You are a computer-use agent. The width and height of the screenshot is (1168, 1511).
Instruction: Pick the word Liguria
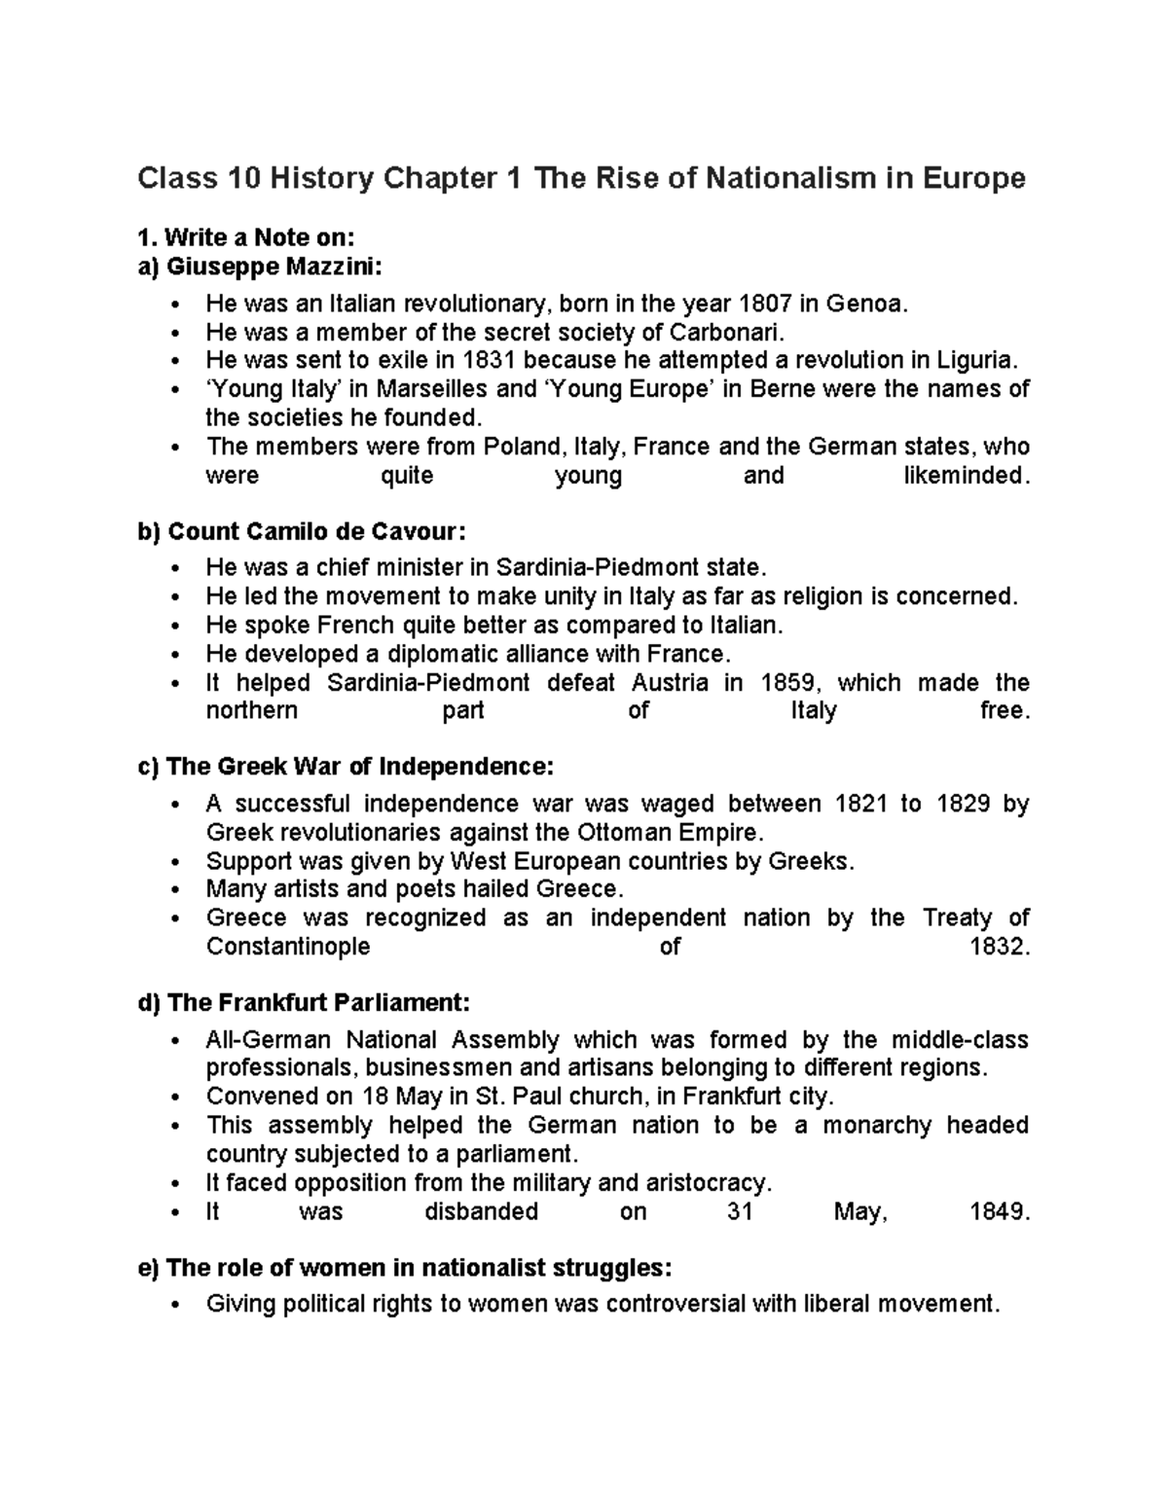tap(976, 360)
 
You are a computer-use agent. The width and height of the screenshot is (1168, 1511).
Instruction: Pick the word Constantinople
tap(288, 947)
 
